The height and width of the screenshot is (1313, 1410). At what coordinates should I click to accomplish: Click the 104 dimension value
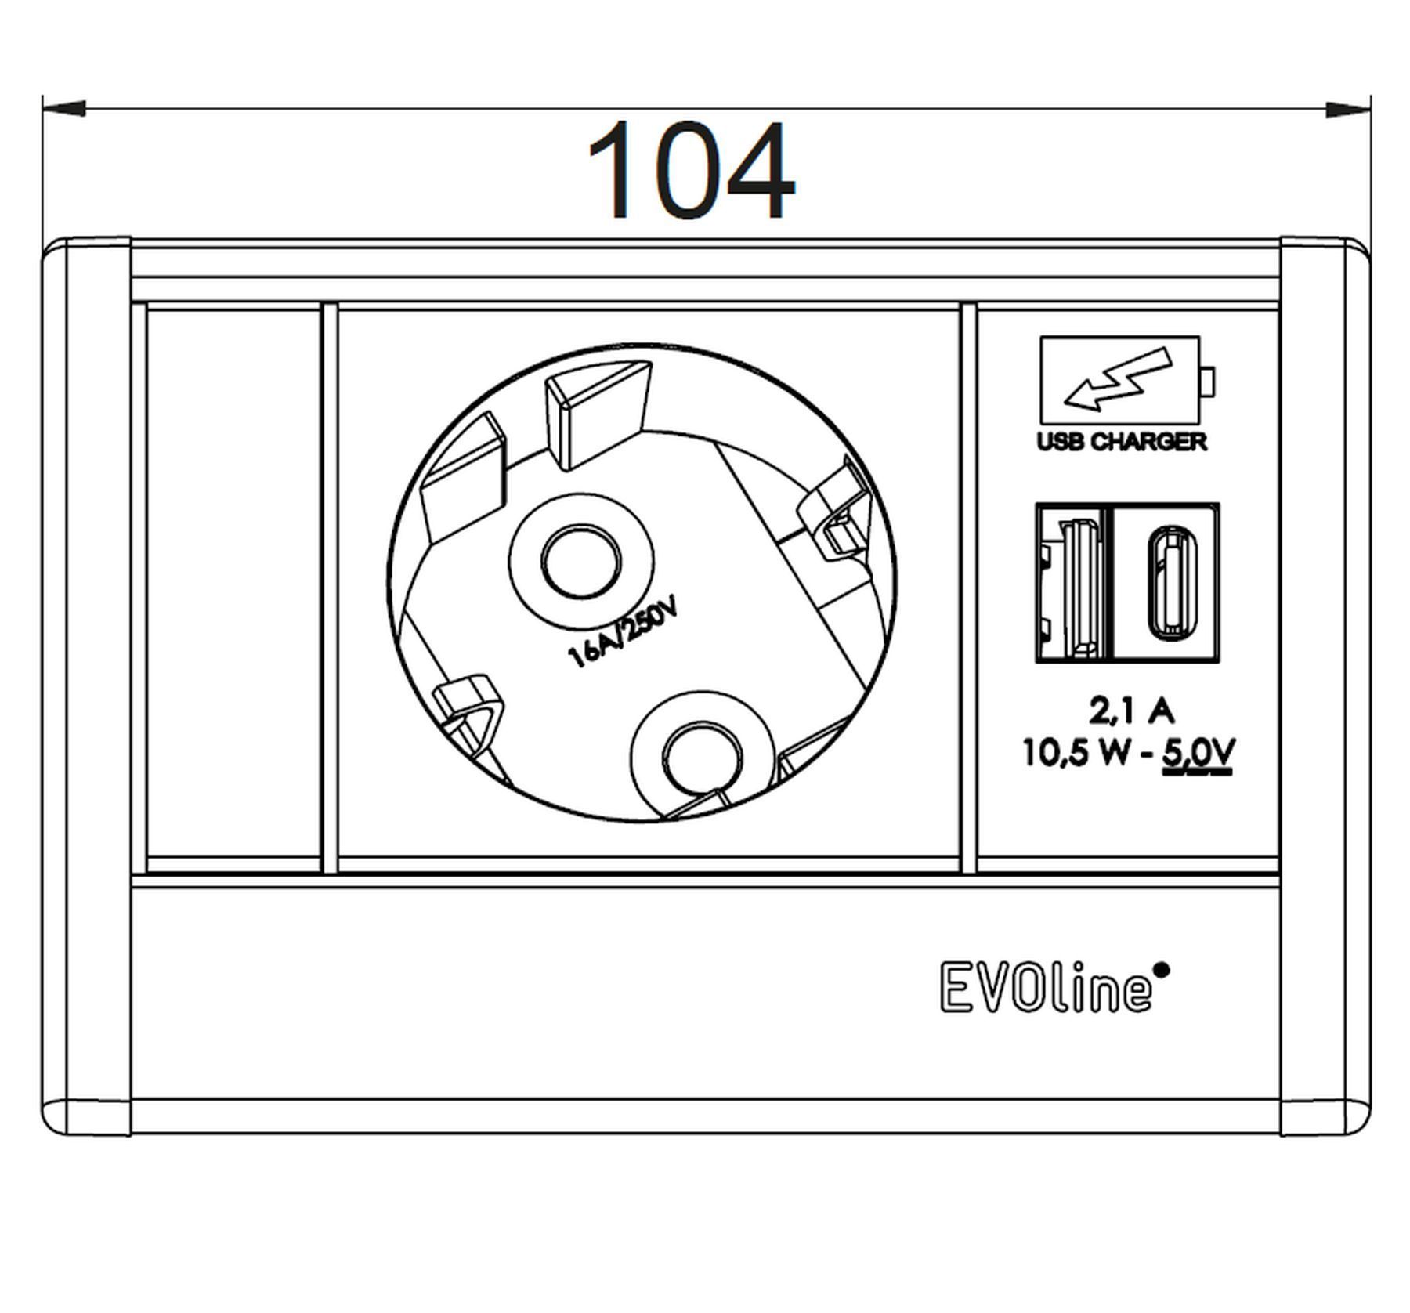click(690, 170)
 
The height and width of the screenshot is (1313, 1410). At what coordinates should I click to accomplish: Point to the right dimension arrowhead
click(1347, 110)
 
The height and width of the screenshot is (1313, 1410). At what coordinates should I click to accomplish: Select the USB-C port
click(1167, 582)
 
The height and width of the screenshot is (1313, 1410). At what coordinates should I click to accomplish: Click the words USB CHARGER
click(1122, 442)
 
